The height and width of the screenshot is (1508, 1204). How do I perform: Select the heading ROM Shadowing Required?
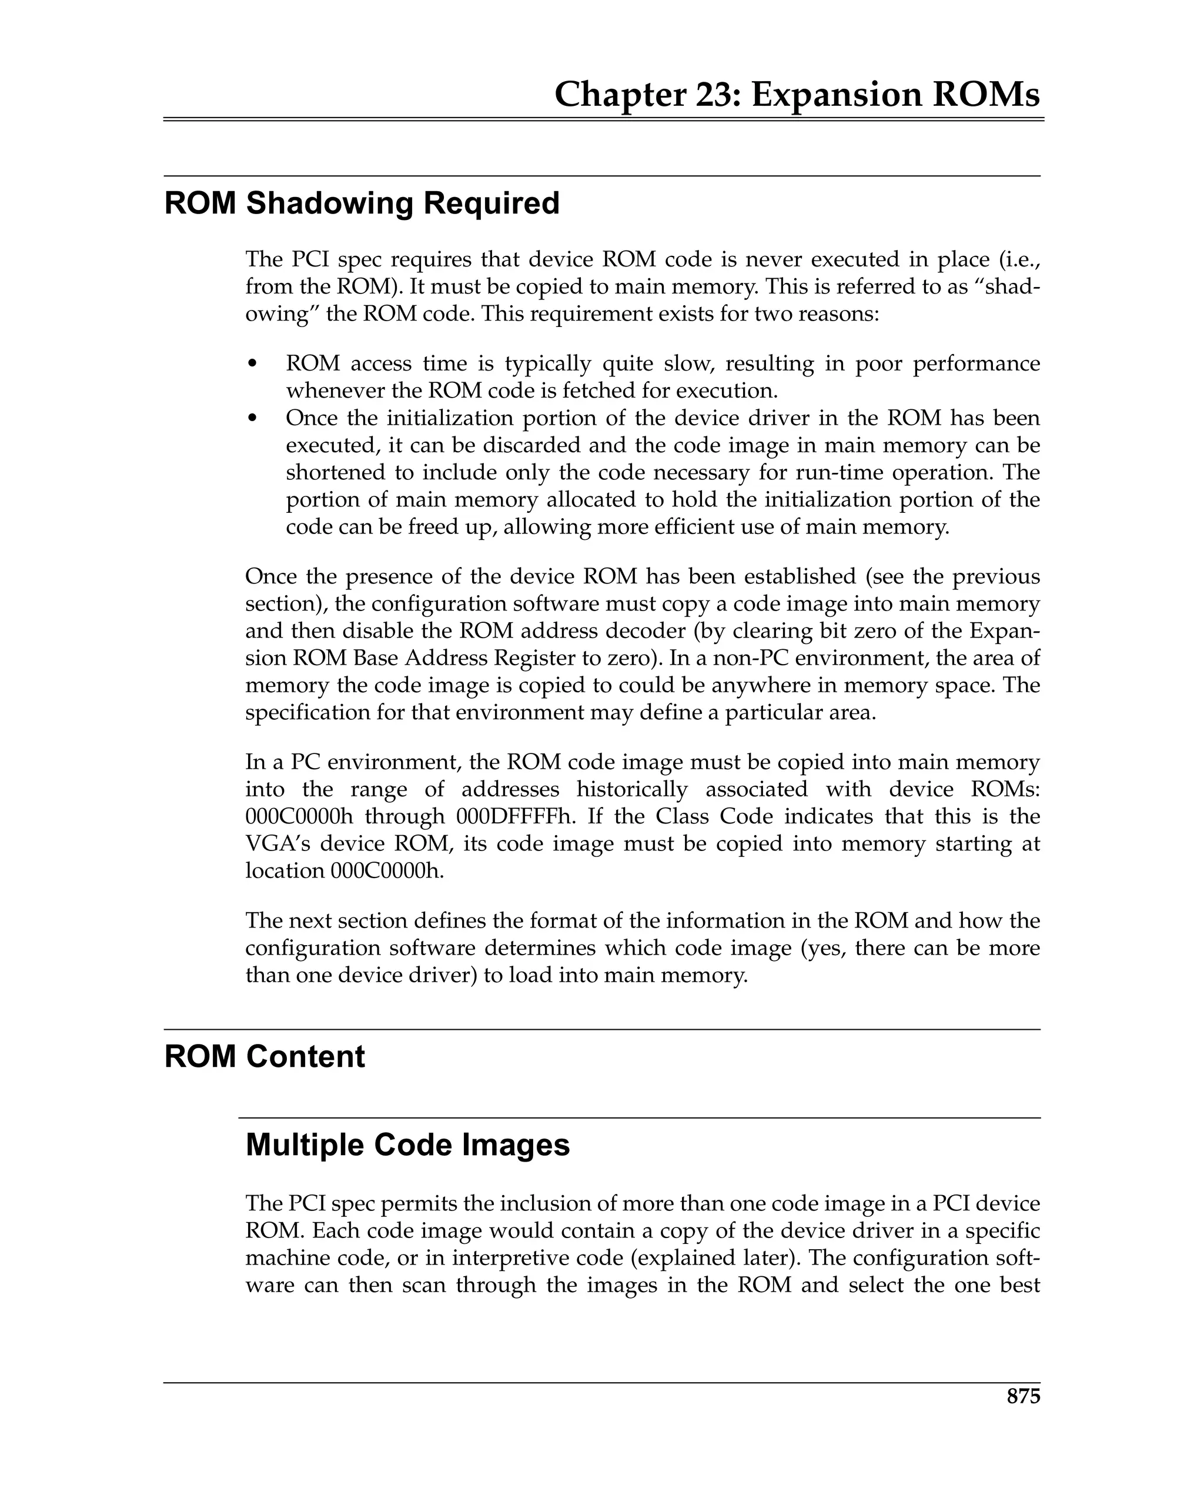[362, 203]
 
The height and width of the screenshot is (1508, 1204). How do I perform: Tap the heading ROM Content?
[265, 1056]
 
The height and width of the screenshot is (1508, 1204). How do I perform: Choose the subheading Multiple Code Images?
[407, 1145]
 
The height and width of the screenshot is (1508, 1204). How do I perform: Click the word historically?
[631, 789]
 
